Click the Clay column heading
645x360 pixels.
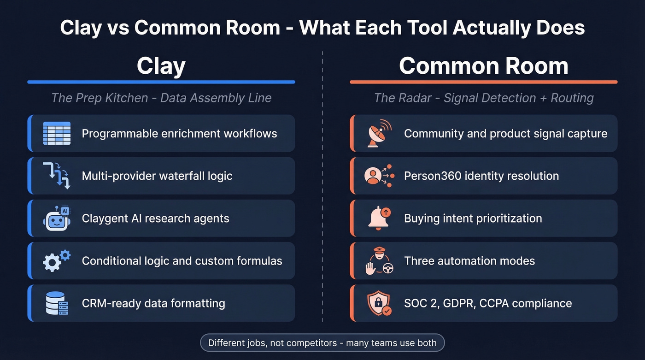(x=161, y=66)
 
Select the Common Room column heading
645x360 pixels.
(x=483, y=66)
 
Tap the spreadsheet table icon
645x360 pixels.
(x=57, y=134)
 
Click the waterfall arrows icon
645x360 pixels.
(x=57, y=176)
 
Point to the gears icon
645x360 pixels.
(x=57, y=260)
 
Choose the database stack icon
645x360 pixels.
(x=57, y=303)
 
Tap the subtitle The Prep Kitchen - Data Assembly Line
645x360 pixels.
(x=161, y=98)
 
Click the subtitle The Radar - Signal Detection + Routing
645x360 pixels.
(x=483, y=98)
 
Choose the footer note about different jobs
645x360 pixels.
(x=322, y=343)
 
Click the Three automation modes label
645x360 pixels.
(x=469, y=261)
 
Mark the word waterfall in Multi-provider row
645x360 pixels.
(x=183, y=176)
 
